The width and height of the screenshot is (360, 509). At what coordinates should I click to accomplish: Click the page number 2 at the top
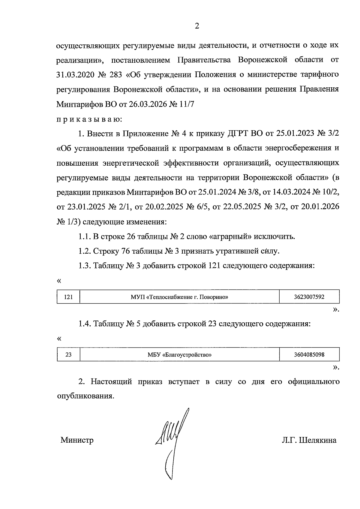197,26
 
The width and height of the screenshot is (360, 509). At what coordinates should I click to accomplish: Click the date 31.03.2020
74,74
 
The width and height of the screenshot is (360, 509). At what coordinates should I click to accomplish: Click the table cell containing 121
69,297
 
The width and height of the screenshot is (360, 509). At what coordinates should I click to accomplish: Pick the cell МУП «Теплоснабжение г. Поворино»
179,297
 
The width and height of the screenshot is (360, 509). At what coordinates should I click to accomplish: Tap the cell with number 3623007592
309,297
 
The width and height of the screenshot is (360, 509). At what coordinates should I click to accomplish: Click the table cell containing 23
69,355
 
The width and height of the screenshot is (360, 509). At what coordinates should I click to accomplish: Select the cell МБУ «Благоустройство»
179,355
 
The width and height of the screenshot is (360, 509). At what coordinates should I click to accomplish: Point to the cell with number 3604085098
309,355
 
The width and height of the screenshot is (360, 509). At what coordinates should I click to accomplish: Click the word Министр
77,440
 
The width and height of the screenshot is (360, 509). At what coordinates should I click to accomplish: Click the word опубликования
85,396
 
